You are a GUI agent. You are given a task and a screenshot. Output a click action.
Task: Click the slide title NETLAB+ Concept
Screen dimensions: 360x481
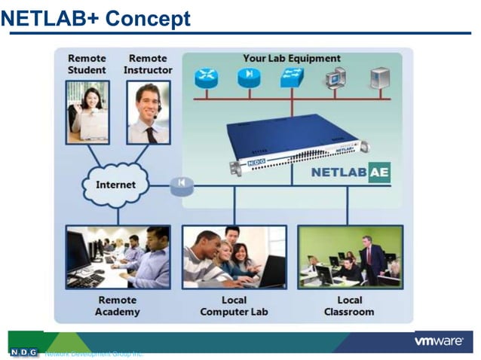96,17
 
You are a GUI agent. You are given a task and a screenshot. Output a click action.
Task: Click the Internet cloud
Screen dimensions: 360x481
115,185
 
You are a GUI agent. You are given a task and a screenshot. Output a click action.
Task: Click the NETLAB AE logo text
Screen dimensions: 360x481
350,172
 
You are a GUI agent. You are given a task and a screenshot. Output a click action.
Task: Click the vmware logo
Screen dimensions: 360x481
438,341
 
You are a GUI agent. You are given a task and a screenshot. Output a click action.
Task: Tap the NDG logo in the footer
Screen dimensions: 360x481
23,352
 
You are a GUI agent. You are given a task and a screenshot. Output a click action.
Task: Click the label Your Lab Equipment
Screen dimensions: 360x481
291,58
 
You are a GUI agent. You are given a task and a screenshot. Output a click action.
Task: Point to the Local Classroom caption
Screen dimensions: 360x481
349,306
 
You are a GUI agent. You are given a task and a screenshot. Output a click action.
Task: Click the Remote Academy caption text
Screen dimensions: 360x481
118,306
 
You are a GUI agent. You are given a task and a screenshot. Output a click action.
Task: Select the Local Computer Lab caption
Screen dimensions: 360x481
234,306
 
